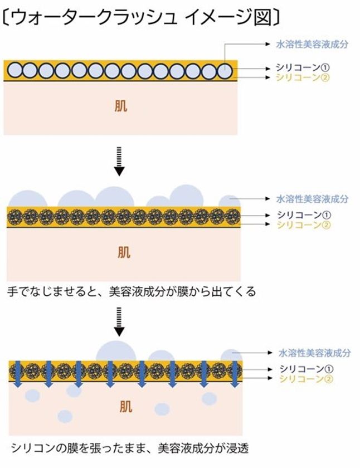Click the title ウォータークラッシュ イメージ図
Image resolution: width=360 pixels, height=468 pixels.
coord(141,17)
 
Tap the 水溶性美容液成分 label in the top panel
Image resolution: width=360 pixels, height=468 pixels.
coord(312,45)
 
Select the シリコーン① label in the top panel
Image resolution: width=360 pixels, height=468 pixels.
coord(303,67)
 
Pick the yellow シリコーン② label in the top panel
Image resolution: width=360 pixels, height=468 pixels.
coord(303,77)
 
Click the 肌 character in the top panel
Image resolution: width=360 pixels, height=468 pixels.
coord(121,106)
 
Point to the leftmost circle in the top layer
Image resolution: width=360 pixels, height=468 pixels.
coord(14,70)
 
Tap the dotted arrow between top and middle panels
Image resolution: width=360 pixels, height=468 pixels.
coord(119,161)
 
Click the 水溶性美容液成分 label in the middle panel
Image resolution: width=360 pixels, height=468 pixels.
coord(312,199)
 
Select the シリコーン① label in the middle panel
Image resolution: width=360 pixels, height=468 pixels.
coord(304,214)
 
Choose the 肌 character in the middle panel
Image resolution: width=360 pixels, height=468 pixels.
coord(124,252)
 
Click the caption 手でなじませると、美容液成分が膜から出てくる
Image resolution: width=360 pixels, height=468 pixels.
coord(132,291)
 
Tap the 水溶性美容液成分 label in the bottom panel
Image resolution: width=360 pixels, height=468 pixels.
coord(315,353)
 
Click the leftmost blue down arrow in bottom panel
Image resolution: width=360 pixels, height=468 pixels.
coord(18,374)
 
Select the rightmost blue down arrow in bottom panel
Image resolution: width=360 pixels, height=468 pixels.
coord(235,374)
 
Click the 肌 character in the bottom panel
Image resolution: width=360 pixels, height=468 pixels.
coord(126,407)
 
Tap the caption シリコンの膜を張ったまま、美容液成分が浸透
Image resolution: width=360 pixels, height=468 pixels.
coord(130,448)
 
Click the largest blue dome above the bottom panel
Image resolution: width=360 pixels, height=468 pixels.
coord(116,352)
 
